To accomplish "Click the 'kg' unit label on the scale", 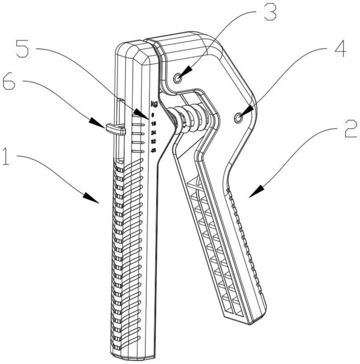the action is [154, 104].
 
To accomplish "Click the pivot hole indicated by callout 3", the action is [177, 78].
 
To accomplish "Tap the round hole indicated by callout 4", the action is [239, 118].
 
